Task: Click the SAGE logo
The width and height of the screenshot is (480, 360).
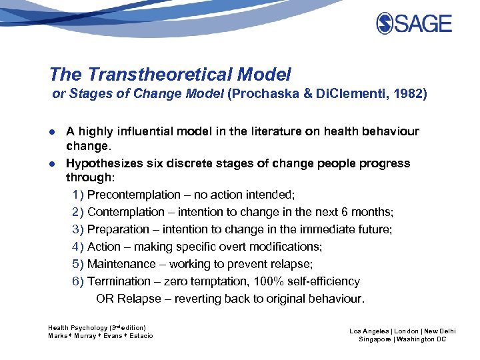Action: click(x=414, y=23)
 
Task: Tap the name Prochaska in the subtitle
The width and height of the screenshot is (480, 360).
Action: click(x=263, y=94)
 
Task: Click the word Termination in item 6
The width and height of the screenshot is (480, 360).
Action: click(x=119, y=281)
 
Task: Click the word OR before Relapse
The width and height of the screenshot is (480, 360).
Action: click(x=105, y=299)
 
